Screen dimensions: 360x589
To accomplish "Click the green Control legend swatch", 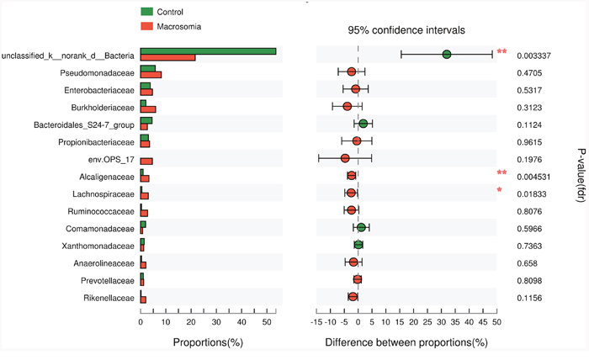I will coord(146,12).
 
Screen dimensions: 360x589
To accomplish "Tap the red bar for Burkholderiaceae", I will coord(148,109).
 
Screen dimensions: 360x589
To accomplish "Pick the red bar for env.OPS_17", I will coord(146,161).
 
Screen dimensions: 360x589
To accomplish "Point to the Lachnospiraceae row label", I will coord(99,193).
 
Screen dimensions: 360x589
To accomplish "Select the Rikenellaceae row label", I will coord(104,298).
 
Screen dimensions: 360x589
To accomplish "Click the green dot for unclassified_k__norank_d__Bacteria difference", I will coord(447,55).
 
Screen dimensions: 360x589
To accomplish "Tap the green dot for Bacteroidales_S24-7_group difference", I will coord(363,124).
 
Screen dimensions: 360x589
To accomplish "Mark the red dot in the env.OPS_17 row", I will coord(345,158).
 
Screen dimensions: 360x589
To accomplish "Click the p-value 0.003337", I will coord(533,55).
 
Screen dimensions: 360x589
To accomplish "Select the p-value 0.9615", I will coord(530,141).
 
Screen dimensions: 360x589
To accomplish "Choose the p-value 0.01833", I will coord(532,193).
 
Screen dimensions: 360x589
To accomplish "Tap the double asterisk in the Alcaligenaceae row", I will coord(501,173).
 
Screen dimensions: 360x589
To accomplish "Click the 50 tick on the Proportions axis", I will coord(267,320).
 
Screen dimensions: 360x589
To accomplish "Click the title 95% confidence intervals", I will coord(407,29).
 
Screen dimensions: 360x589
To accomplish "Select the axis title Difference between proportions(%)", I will coord(406,342).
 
